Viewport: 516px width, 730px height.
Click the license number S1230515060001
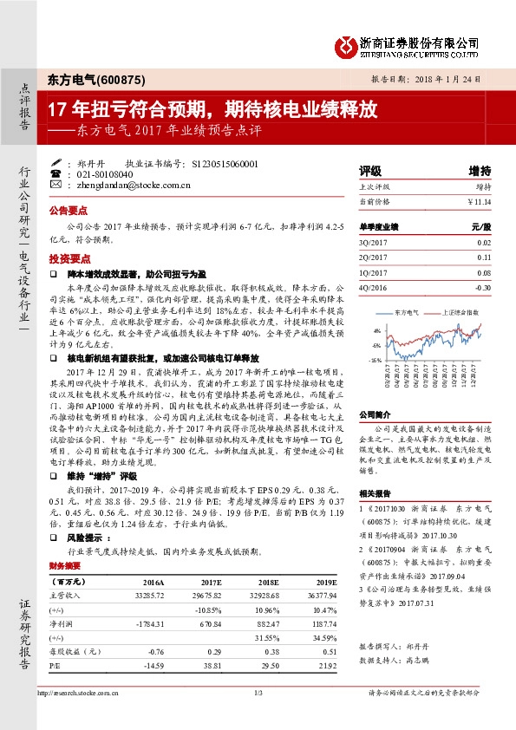tap(224, 162)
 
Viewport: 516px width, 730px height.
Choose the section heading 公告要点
tap(69, 211)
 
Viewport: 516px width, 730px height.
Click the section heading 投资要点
tap(69, 258)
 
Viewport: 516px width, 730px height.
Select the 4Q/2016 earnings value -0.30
tap(483, 287)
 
